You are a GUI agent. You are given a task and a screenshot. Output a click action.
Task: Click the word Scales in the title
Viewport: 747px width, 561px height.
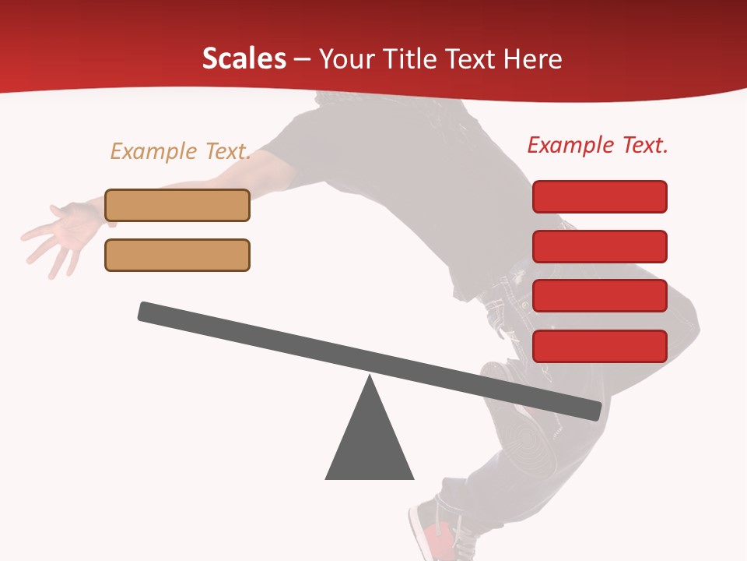pyautogui.click(x=244, y=59)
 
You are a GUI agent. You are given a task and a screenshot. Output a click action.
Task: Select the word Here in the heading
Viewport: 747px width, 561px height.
pyautogui.click(x=533, y=59)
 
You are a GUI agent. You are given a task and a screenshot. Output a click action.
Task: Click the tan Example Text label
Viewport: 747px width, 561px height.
pyautogui.click(x=181, y=151)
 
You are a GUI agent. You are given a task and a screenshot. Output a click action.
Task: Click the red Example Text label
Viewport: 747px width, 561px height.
pyautogui.click(x=598, y=145)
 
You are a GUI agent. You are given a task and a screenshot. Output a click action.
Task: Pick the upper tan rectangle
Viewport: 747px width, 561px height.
pyautogui.click(x=177, y=205)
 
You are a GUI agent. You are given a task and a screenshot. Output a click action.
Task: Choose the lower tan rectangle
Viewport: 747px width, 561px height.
pyautogui.click(x=177, y=255)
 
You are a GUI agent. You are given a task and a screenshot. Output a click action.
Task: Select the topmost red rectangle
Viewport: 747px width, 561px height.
pyautogui.click(x=600, y=196)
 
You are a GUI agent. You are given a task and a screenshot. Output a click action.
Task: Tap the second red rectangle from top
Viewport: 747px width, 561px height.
pyautogui.click(x=600, y=246)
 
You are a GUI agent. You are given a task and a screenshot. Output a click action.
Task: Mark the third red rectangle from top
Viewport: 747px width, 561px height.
pyautogui.click(x=600, y=296)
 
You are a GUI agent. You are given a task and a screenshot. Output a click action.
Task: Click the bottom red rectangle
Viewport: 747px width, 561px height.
pyautogui.click(x=600, y=346)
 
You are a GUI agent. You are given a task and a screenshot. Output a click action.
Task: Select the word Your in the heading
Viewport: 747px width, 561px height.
pyautogui.click(x=346, y=59)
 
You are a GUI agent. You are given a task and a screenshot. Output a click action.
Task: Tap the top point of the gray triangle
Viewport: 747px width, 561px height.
pyautogui.click(x=370, y=378)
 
